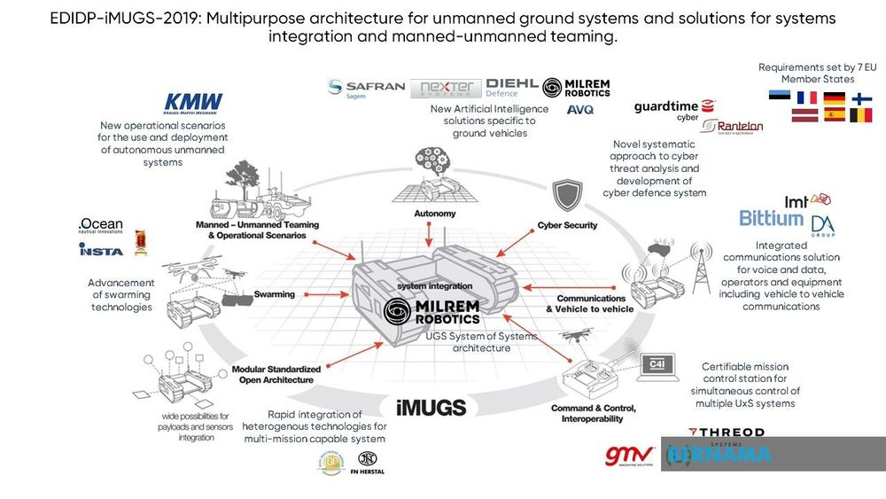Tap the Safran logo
point(366,88)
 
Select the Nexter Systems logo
point(447,88)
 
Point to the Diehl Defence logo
point(511,87)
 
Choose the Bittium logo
point(773,218)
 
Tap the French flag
point(806,98)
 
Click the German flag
point(834,98)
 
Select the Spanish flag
point(834,115)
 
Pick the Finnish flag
point(861,98)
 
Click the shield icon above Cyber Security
point(566,195)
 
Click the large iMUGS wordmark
point(431,407)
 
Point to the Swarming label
point(275,293)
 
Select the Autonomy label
point(435,214)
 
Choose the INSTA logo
point(101,251)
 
